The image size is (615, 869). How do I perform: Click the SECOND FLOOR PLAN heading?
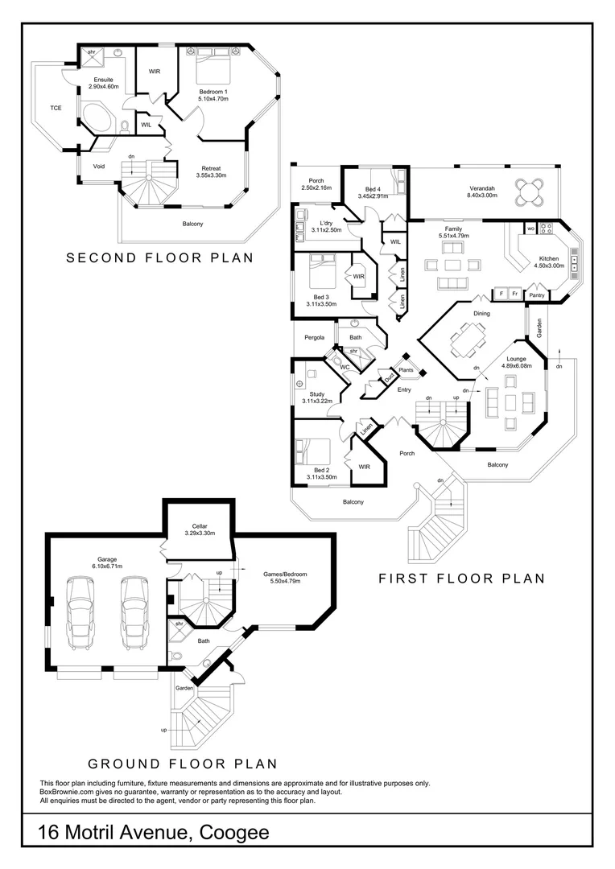pos(159,258)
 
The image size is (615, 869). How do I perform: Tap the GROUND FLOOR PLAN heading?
pos(183,764)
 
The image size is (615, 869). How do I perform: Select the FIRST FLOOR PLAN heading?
pos(462,578)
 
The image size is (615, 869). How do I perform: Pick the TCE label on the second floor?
pos(56,108)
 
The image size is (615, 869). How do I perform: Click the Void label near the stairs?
pos(100,167)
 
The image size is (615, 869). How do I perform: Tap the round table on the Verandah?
pos(530,192)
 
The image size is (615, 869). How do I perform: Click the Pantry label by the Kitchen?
pos(537,296)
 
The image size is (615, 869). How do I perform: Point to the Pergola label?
pos(314,337)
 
